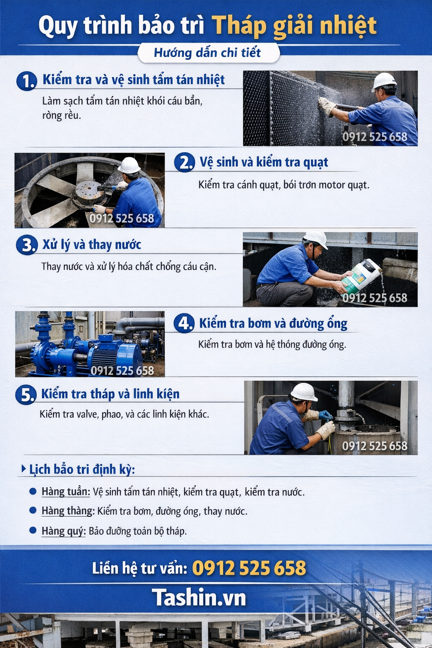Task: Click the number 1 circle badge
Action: (27, 81)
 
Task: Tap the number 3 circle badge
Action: (27, 245)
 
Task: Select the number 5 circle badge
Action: (26, 394)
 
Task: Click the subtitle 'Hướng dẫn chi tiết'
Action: (207, 53)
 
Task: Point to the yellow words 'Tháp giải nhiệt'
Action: (294, 27)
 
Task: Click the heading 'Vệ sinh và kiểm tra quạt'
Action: (264, 162)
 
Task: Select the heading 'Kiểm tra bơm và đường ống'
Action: (273, 324)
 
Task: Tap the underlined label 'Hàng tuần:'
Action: (66, 492)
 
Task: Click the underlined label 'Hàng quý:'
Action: (63, 531)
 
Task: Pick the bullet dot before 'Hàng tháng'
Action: (33, 510)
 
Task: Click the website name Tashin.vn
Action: (199, 597)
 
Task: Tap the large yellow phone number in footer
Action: (249, 567)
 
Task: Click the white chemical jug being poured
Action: (361, 276)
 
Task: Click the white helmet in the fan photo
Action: (129, 166)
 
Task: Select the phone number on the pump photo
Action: (122, 370)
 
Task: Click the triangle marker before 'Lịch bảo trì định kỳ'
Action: (24, 469)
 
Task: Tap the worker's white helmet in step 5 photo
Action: (304, 393)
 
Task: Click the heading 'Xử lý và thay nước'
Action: (92, 245)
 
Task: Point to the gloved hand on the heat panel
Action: (327, 106)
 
